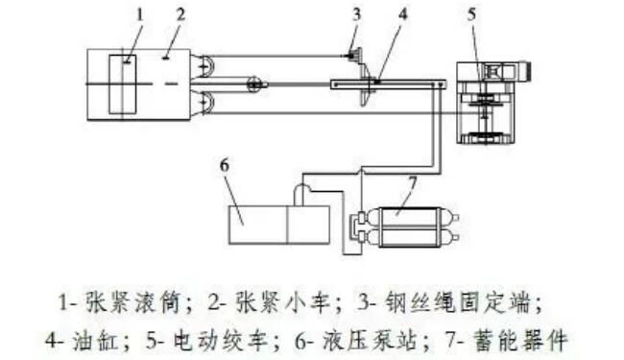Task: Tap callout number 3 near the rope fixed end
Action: click(356, 14)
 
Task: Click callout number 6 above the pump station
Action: click(225, 164)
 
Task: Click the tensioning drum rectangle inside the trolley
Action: click(122, 85)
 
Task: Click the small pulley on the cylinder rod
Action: click(253, 84)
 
